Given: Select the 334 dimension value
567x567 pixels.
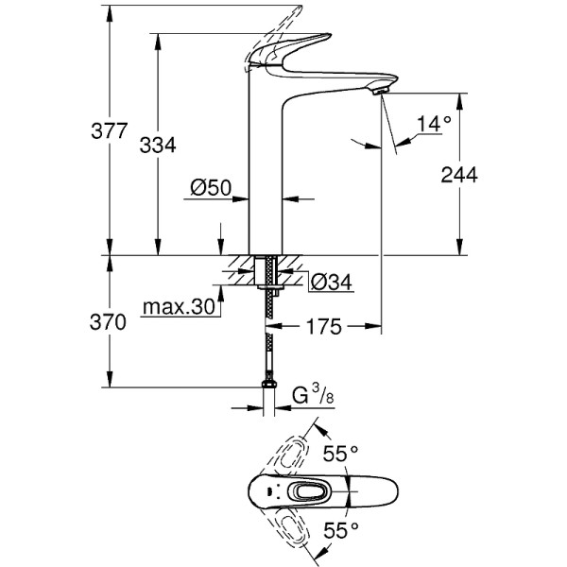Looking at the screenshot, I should tap(158, 145).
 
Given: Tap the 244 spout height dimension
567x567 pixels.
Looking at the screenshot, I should tap(459, 175).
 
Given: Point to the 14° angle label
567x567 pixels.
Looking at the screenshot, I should tap(434, 123).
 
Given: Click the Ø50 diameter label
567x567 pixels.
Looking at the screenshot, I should tap(211, 188).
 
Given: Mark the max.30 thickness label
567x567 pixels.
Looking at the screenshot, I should tap(178, 307).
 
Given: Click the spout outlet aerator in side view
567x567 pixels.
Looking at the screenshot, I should tap(380, 89).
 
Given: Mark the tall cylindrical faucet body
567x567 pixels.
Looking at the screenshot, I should tap(266, 170).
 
